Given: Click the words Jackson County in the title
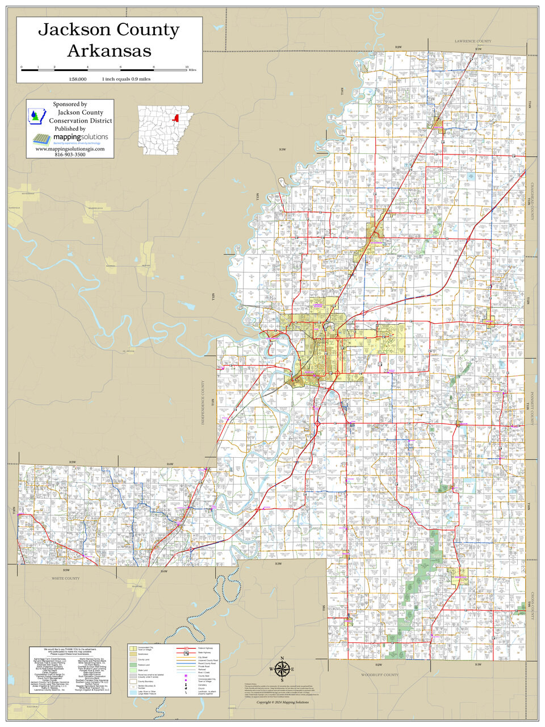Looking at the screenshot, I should coord(108,30).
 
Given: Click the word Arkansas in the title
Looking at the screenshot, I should coord(109,51).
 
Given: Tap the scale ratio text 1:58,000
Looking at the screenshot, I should coord(77,79).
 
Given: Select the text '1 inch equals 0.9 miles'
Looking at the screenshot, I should coord(126,79).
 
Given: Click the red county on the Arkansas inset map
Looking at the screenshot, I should coord(176,119).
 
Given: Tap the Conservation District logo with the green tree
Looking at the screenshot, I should coord(36,115).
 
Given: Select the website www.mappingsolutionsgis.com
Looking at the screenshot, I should coord(70,149).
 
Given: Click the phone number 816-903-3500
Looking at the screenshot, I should coord(70,154).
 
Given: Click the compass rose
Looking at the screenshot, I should coord(282,669).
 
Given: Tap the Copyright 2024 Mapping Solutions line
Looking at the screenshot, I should coord(283,703).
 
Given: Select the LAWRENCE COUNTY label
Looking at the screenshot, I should coord(473,41).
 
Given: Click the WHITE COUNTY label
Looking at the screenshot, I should coord(66,578).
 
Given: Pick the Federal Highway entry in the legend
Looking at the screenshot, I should coord(205,648).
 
